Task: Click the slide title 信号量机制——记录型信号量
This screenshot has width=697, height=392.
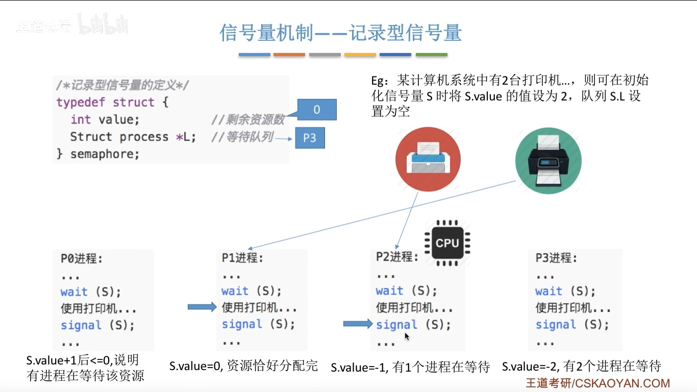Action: pyautogui.click(x=340, y=33)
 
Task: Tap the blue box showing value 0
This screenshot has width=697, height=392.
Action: pyautogui.click(x=317, y=110)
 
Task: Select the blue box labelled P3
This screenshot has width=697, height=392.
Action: pyautogui.click(x=310, y=138)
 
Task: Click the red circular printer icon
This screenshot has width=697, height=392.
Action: pyautogui.click(x=428, y=159)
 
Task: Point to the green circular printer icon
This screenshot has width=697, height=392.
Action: pyautogui.click(x=548, y=161)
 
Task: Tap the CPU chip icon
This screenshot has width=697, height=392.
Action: pyautogui.click(x=447, y=243)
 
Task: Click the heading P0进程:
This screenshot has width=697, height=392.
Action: pyautogui.click(x=82, y=258)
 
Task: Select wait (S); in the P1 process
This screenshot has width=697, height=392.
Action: pyautogui.click(x=252, y=291)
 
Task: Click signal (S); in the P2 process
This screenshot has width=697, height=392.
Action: pyautogui.click(x=413, y=325)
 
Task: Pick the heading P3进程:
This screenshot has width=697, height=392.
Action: pyautogui.click(x=557, y=258)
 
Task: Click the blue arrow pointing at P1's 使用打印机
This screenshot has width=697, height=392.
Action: pyautogui.click(x=202, y=307)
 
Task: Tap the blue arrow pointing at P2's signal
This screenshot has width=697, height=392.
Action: pyautogui.click(x=358, y=324)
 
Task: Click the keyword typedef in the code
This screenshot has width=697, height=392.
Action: pyautogui.click(x=80, y=102)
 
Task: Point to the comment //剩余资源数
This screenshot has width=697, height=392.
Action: pyautogui.click(x=247, y=120)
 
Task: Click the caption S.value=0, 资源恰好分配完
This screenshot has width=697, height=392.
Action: pyautogui.click(x=243, y=365)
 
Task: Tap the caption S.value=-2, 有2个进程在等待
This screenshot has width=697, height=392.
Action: pyautogui.click(x=581, y=366)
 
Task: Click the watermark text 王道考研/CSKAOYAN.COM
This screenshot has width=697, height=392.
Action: pyautogui.click(x=598, y=383)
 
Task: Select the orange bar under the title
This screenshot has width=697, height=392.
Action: pyautogui.click(x=289, y=55)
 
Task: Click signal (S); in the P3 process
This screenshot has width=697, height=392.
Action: pyautogui.click(x=572, y=325)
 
